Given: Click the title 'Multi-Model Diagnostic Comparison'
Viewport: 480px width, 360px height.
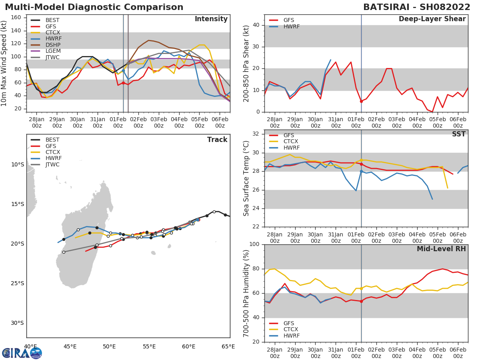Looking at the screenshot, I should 94,7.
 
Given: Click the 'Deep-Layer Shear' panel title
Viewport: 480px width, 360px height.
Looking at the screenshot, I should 432,19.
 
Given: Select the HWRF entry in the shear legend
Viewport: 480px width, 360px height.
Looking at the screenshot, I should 291,26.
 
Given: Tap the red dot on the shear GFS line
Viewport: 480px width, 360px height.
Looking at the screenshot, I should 361,101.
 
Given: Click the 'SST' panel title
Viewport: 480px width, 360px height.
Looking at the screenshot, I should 459,134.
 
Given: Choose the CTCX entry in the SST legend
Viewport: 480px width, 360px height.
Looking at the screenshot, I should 290,142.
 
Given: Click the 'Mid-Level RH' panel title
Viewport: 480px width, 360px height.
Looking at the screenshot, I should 441,249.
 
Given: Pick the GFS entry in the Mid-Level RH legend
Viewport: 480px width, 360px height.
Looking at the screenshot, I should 288,323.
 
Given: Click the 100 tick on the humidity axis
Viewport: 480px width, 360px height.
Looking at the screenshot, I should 256,244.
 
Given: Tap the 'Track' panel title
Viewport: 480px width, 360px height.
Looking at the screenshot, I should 217,140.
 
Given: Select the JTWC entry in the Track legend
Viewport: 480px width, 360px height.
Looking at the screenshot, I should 52,164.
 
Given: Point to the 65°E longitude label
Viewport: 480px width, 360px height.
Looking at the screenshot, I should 228,346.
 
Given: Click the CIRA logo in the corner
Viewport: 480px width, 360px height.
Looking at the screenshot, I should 22,353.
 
